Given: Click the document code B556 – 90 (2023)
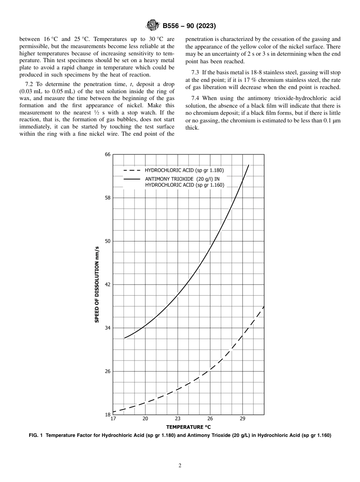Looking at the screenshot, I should pos(189,26).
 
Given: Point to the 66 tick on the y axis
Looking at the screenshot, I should pos(107,155).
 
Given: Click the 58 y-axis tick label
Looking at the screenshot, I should pos(107,198).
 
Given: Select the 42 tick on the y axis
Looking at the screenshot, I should pos(107,285).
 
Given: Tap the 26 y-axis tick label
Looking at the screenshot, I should pos(107,371).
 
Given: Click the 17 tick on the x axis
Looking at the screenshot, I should pos(113,419).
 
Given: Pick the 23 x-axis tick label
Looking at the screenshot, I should pos(178,419).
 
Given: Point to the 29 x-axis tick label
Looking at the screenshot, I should pos(243,419).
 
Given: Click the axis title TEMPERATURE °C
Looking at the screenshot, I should pos(188,427).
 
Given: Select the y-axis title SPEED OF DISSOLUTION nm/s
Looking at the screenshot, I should pos(97,285).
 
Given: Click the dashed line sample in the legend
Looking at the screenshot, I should pos(132,171).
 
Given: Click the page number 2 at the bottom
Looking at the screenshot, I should pos(180,466).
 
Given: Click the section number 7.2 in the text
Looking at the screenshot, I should pos(29,84).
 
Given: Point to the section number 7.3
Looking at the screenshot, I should pos(196,72).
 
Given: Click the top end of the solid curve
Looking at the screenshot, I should pos(249,165).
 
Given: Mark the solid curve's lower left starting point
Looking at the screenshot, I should pos(124,338).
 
